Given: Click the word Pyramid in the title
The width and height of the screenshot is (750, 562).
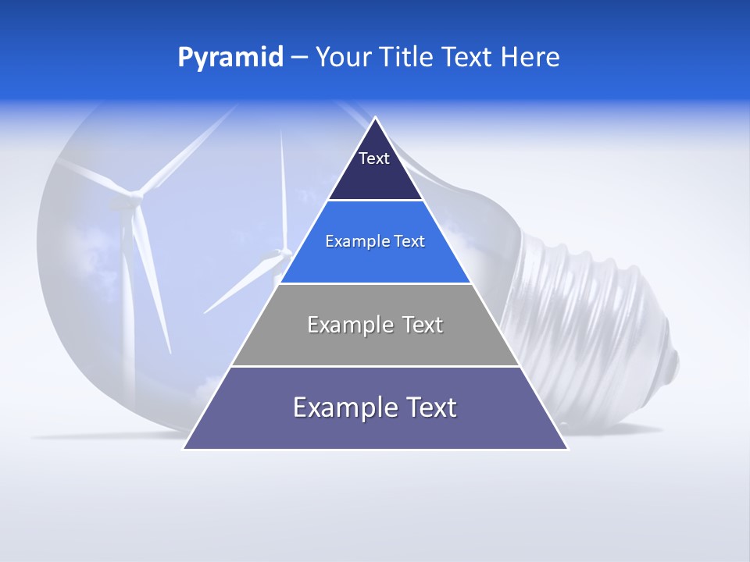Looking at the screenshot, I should tap(230, 58).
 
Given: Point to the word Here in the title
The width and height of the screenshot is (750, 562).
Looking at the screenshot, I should tap(530, 58).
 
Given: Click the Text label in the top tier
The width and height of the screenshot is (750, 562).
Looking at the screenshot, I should tap(373, 158).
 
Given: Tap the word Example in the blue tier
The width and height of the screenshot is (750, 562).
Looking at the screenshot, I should tap(355, 241).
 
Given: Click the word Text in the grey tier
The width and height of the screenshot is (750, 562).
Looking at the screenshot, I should tap(419, 325).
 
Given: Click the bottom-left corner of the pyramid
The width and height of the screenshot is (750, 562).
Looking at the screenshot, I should tap(184, 449).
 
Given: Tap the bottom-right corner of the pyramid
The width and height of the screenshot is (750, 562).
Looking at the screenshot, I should tap(567, 449).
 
